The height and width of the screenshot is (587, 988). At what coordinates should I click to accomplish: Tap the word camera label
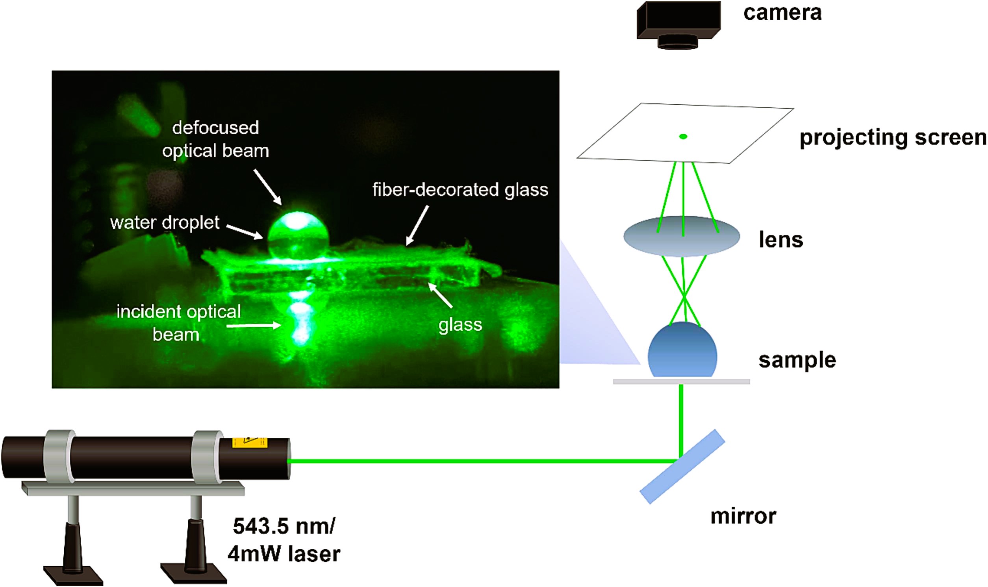pyautogui.click(x=782, y=13)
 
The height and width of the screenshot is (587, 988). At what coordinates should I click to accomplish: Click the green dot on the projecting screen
pyautogui.click(x=683, y=137)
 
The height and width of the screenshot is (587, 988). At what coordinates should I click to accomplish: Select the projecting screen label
pyautogui.click(x=893, y=138)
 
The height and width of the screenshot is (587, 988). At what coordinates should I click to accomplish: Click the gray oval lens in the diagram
pyautogui.click(x=682, y=237)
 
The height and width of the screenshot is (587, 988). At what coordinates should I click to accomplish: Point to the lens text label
pyautogui.click(x=781, y=240)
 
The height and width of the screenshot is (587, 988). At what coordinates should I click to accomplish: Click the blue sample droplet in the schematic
pyautogui.click(x=682, y=350)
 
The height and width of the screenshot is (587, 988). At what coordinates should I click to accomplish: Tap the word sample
pyautogui.click(x=797, y=360)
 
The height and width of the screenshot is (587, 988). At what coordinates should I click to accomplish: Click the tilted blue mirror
pyautogui.click(x=682, y=467)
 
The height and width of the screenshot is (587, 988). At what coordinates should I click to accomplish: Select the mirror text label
pyautogui.click(x=743, y=517)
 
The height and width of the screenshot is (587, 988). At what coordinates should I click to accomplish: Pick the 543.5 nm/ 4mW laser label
pyautogui.click(x=284, y=540)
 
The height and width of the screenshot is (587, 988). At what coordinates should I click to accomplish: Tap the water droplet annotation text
pyautogui.click(x=165, y=223)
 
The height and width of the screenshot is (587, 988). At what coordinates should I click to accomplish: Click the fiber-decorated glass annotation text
pyautogui.click(x=460, y=190)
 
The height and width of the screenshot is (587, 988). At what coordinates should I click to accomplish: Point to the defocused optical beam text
pyautogui.click(x=215, y=139)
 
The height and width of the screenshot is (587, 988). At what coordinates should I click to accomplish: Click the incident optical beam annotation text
pyautogui.click(x=178, y=323)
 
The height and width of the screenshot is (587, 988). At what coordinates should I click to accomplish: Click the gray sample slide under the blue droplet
pyautogui.click(x=681, y=382)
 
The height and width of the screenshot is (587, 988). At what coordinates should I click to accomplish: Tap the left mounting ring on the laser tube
pyautogui.click(x=59, y=456)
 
